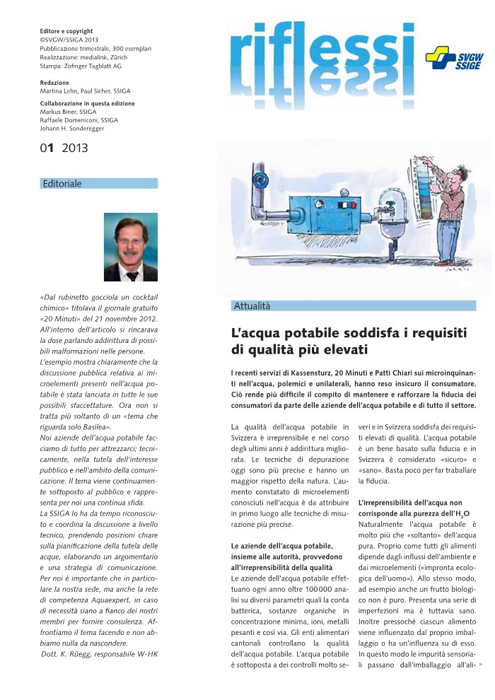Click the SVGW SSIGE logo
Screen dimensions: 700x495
pos(449,59)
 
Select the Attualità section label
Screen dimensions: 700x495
pos(251,306)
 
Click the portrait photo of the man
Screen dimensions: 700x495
pos(131,247)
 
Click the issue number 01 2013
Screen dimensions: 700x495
pos(64,148)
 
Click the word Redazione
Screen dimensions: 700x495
pos(54,83)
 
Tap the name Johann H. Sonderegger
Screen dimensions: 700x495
pos(76,128)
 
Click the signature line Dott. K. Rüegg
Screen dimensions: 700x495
pos(98,653)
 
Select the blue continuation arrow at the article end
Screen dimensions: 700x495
pos(482,665)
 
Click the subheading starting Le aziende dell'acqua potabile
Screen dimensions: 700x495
pos(282,547)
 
